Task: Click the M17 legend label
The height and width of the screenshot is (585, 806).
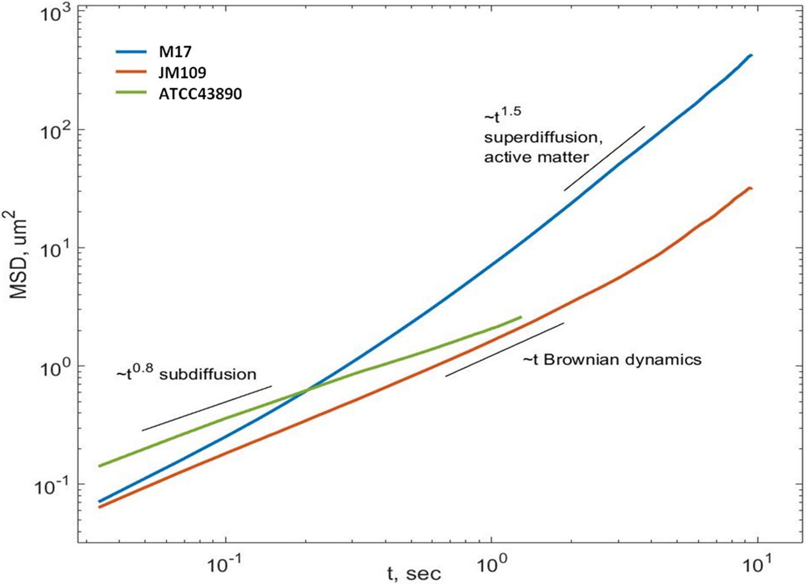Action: tap(176, 52)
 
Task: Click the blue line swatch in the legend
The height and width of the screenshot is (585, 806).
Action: tap(131, 52)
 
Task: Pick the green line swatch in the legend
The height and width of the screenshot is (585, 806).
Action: tap(131, 93)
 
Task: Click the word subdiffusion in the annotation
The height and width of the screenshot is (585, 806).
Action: tap(208, 374)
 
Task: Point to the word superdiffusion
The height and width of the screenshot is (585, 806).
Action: tap(543, 138)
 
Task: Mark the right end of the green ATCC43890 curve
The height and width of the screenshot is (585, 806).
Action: tap(520, 317)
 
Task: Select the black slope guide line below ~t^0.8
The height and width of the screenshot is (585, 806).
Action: tap(207, 408)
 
